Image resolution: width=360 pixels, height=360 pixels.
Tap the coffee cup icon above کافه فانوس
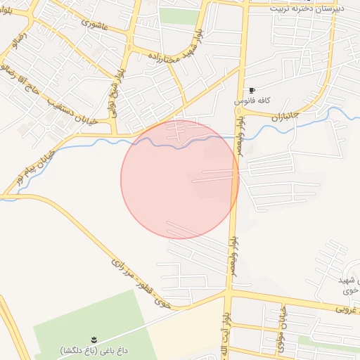click(252, 91)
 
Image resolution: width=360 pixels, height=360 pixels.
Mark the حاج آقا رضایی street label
click(21, 82)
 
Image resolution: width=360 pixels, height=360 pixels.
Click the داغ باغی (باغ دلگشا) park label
click(96, 349)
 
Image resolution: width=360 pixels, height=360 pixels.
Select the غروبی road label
click(345, 308)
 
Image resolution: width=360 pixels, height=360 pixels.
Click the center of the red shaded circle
click(180, 179)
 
